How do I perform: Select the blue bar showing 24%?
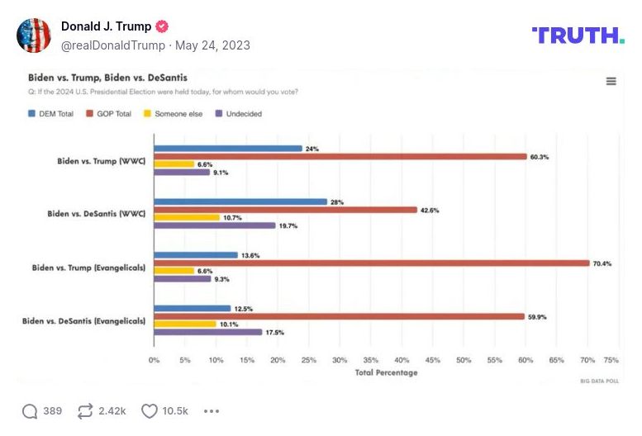(228, 149)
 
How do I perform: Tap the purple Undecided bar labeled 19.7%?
(215, 225)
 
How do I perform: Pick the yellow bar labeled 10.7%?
(187, 217)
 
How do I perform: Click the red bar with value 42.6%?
(285, 210)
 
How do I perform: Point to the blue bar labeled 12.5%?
(193, 309)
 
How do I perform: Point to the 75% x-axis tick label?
(611, 361)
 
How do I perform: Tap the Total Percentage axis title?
(386, 372)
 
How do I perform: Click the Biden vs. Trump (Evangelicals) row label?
(88, 268)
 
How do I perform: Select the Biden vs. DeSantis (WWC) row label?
(97, 214)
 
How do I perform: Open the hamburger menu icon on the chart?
(611, 81)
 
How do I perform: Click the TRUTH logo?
(578, 35)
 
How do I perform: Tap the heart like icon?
(149, 411)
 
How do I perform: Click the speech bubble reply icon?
(30, 411)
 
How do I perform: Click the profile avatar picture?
(34, 35)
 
